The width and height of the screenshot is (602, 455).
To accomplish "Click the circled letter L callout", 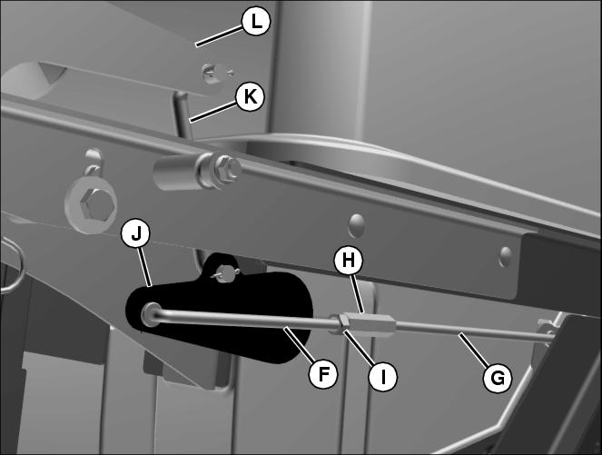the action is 256,22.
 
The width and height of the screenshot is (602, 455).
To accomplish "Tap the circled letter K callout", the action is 250,96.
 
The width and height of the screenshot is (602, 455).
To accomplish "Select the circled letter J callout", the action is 135,233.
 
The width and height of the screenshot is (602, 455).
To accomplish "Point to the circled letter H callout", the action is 349,261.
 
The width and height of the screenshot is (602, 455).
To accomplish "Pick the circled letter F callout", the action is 323,373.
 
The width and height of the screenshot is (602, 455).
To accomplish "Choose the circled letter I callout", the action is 383,377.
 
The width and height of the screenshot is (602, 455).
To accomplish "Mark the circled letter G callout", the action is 498,378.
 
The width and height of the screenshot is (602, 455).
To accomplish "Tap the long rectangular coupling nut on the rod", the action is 370,324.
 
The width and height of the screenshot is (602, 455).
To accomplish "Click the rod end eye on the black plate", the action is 151,314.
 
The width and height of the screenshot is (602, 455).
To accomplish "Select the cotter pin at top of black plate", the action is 226,273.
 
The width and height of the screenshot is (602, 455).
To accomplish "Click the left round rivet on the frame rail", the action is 356,225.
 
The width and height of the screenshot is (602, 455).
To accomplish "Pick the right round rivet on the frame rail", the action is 505,256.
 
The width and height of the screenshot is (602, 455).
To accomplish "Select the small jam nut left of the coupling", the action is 336,324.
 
